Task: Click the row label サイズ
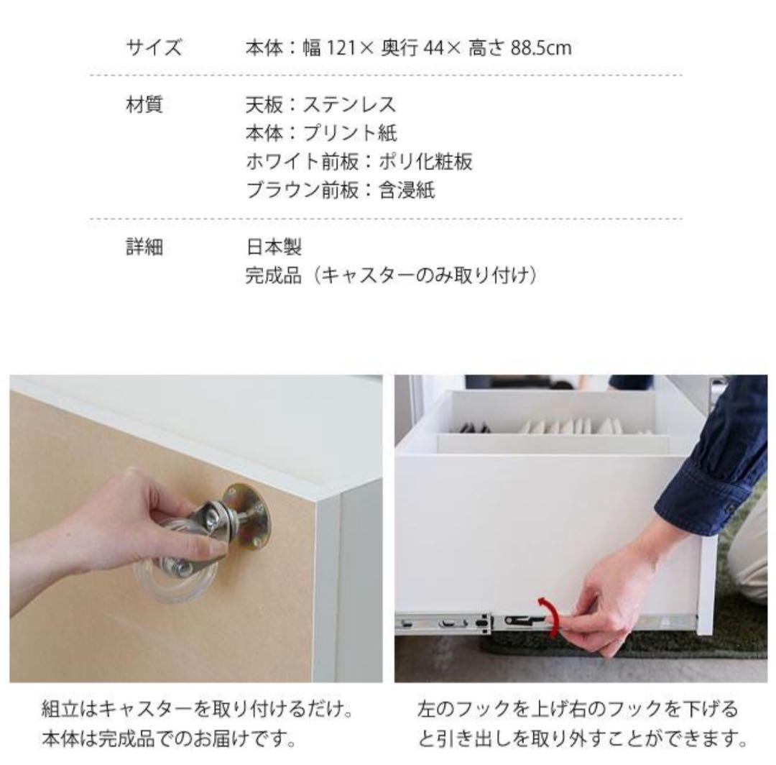tap(154, 48)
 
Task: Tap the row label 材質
tap(144, 105)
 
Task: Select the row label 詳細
tap(144, 248)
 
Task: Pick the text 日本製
tap(274, 248)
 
